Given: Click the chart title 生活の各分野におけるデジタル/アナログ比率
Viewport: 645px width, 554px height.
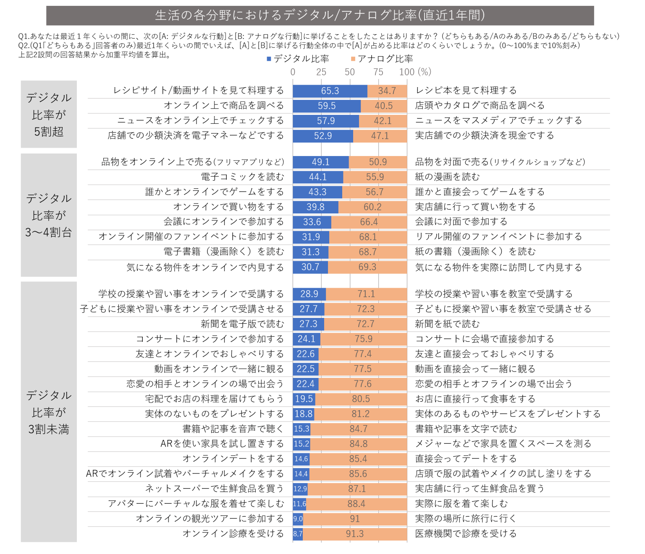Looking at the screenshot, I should click(x=320, y=16).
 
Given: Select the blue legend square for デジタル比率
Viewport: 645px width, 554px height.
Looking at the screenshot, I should click(x=269, y=59).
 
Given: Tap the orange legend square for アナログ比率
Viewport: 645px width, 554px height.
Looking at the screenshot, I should click(x=353, y=59).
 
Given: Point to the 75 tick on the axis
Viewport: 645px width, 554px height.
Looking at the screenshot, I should click(x=378, y=72).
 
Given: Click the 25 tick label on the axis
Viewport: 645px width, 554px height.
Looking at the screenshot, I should click(x=321, y=72).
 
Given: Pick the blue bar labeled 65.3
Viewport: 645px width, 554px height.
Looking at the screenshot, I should click(x=330, y=91).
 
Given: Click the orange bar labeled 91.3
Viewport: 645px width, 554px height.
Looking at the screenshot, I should click(x=355, y=534).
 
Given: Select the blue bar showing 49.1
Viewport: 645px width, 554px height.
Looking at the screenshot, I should click(x=321, y=162).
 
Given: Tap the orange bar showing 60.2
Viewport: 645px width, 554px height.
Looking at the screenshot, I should click(x=372, y=207).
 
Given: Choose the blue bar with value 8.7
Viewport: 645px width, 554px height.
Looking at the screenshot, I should click(x=298, y=534).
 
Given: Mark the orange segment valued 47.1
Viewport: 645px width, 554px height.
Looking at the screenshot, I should click(x=380, y=136).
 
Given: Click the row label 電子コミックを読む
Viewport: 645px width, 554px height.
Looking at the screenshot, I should click(x=242, y=177).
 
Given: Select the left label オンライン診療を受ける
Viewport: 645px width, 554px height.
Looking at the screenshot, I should click(x=233, y=534).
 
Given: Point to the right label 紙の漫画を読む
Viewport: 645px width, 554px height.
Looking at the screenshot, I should click(x=447, y=177).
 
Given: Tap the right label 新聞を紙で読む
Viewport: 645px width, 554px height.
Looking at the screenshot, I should click(x=447, y=324).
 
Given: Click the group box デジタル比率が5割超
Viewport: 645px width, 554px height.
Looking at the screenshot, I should click(x=49, y=114).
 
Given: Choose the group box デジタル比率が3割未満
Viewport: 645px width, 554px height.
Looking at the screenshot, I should click(x=49, y=412).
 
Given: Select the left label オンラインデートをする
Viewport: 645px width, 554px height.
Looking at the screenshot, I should click(x=233, y=459).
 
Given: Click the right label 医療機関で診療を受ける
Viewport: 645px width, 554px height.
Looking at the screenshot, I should click(x=466, y=534).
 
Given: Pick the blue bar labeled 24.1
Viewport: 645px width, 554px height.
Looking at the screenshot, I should click(x=307, y=339).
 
